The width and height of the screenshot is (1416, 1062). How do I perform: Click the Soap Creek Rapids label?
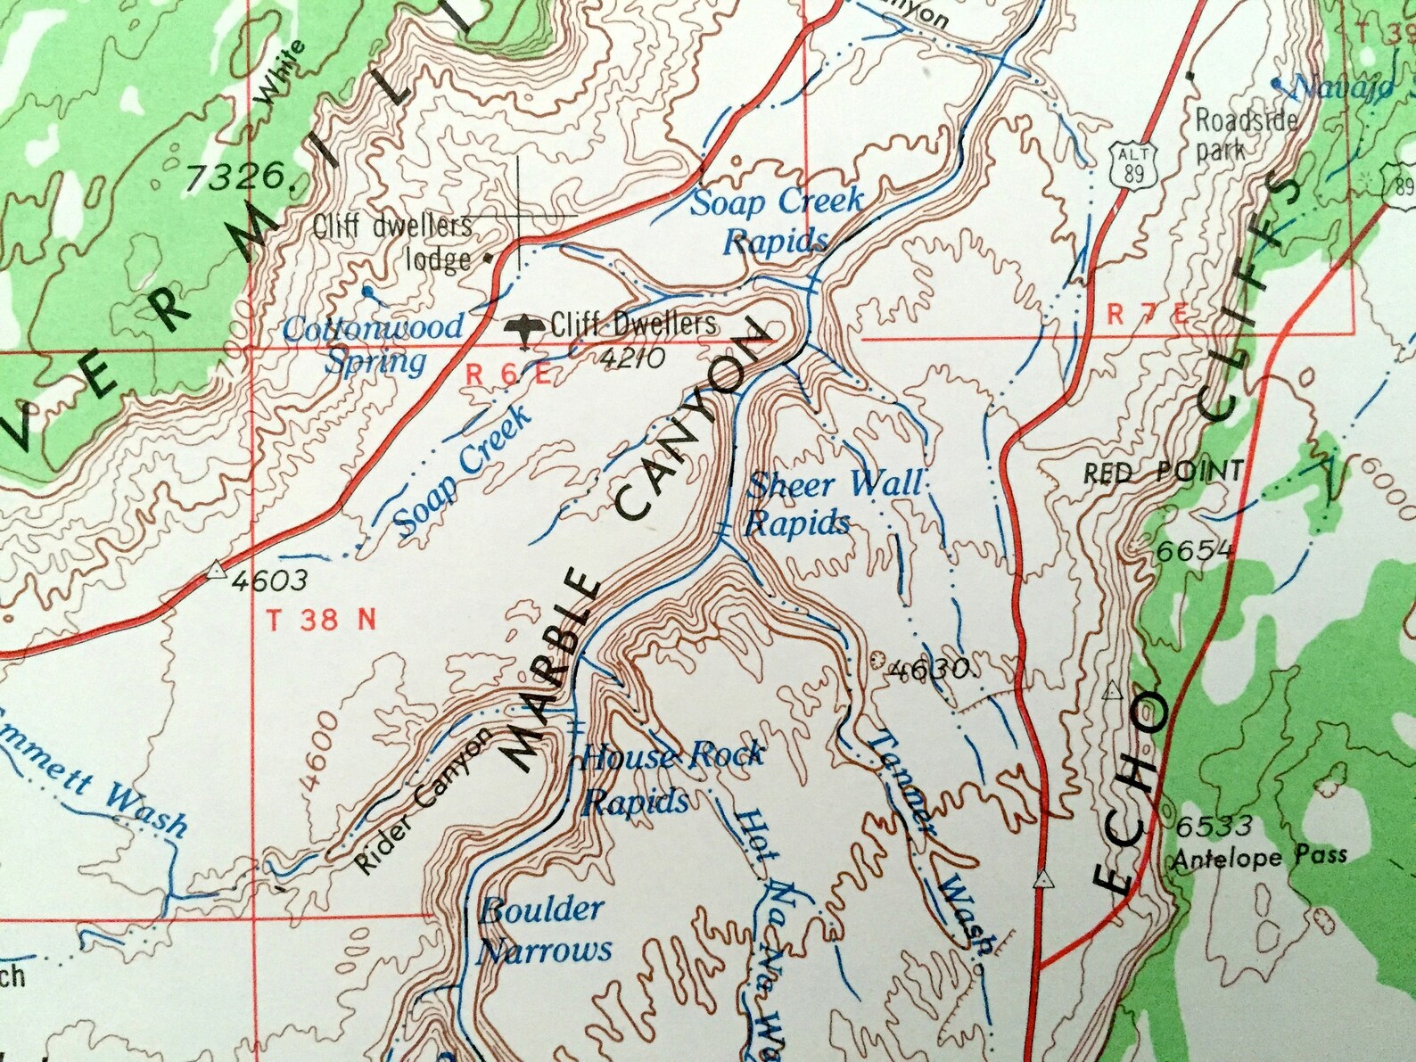pyautogui.click(x=777, y=220)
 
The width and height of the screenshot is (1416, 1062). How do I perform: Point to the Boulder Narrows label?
pyautogui.click(x=544, y=930)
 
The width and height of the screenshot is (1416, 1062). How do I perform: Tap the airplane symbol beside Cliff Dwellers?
pyautogui.click(x=524, y=327)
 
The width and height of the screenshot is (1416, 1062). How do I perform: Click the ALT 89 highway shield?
pyautogui.click(x=1132, y=165)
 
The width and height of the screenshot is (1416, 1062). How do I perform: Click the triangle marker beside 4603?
pyautogui.click(x=217, y=570)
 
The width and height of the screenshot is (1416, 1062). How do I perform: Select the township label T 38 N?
pyautogui.click(x=322, y=620)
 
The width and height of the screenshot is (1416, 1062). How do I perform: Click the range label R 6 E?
pyautogui.click(x=508, y=375)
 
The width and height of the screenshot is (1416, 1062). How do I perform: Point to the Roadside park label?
pyautogui.click(x=1245, y=133)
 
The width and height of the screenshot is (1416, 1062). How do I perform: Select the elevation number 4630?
pyautogui.click(x=928, y=669)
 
